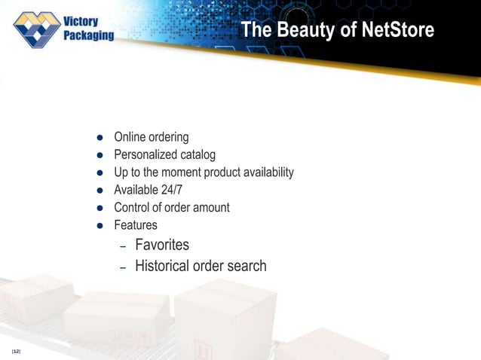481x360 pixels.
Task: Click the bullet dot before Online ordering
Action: tap(98, 138)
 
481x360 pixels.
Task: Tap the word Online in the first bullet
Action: tap(129, 137)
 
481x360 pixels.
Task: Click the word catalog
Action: tap(198, 155)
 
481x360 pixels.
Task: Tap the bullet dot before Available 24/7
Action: tap(98, 191)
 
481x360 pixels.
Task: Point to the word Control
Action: tap(132, 207)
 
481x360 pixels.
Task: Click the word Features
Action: tap(136, 225)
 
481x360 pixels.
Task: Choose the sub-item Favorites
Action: tap(162, 245)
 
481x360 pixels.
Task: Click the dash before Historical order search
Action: tap(124, 267)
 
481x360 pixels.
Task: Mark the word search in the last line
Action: tap(248, 265)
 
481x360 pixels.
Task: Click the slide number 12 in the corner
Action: tap(16, 352)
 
